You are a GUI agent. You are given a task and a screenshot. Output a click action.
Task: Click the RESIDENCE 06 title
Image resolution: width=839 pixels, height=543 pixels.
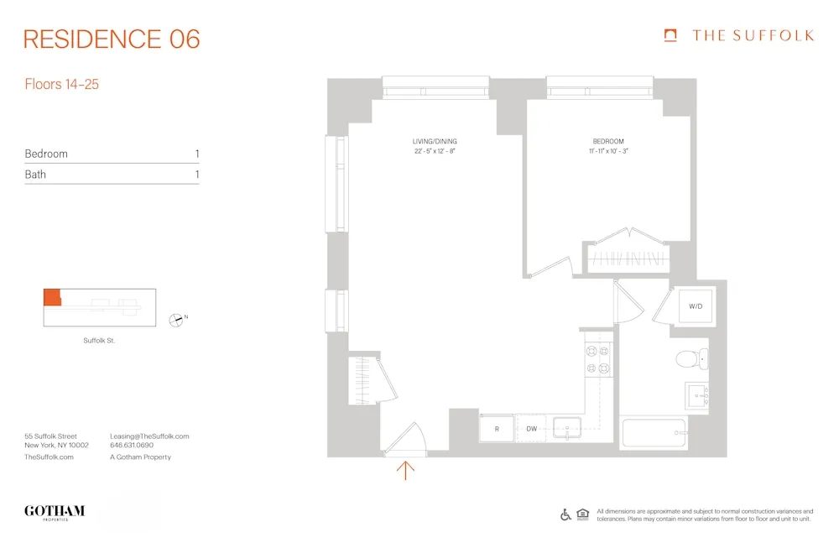click(112, 39)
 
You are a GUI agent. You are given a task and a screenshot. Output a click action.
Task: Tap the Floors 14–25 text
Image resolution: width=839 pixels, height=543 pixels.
click(62, 84)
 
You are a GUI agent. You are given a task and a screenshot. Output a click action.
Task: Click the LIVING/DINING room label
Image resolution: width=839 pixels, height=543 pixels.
click(435, 141)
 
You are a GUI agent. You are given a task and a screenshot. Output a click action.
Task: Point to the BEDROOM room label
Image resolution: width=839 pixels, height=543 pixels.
click(608, 141)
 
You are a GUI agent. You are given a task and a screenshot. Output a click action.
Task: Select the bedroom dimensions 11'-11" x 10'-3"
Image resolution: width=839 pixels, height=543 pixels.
click(608, 151)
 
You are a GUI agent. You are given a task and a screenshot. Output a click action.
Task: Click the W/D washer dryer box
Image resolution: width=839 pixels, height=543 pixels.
click(696, 306)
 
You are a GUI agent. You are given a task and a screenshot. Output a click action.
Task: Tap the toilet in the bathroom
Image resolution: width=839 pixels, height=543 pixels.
click(690, 360)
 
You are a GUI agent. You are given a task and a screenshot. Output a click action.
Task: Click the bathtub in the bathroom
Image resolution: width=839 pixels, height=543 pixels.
click(654, 434)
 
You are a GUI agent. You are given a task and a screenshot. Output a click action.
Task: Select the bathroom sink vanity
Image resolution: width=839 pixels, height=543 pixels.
click(697, 394)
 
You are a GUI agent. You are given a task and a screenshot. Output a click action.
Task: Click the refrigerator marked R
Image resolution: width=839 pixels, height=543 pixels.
click(497, 428)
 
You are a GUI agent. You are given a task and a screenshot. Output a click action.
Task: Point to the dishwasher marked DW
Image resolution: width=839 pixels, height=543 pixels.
click(531, 428)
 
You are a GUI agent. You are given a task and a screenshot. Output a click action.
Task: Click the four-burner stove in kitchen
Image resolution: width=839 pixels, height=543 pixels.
click(598, 358)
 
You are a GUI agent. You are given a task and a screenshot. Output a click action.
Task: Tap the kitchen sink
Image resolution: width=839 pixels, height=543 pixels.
click(568, 427)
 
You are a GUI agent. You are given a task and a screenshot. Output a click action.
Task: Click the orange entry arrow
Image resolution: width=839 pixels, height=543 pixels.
click(405, 470)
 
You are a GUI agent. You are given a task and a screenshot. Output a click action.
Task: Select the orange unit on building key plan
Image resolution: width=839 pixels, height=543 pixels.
click(52, 297)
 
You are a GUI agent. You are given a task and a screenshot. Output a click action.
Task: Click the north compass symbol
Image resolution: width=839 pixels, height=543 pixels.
click(176, 318)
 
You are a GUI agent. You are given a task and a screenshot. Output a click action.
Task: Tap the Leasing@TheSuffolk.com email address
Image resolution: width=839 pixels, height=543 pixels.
click(149, 436)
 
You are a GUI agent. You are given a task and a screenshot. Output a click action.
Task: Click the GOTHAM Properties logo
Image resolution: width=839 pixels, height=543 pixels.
click(55, 512)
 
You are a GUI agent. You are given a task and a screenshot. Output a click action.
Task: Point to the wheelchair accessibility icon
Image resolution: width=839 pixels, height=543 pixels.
click(565, 514)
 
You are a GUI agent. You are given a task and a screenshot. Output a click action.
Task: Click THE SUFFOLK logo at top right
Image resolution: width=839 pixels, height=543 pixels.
click(738, 35)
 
